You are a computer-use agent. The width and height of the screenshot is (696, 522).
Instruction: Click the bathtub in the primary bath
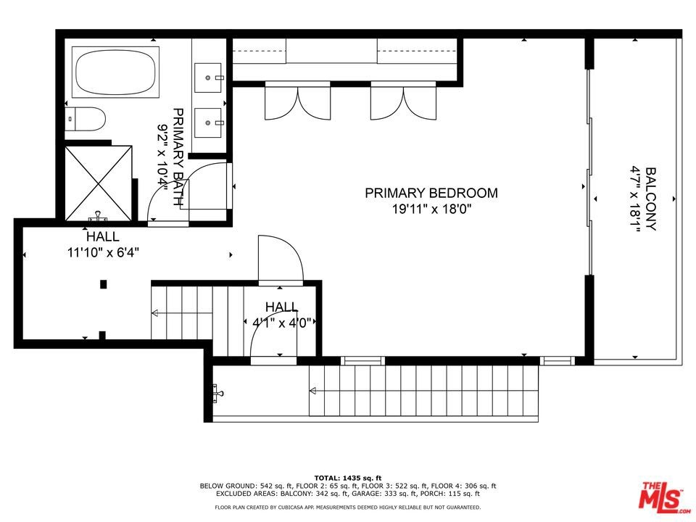[x=115, y=72]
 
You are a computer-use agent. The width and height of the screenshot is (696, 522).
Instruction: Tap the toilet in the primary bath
[x=86, y=119]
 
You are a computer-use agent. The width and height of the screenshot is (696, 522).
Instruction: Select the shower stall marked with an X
[x=99, y=183]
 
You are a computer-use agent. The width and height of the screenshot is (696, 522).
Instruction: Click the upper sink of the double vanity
[x=208, y=78]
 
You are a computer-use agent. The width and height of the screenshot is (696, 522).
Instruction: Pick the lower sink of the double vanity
[x=208, y=123]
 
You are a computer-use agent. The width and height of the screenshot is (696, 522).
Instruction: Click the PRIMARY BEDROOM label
[x=431, y=193]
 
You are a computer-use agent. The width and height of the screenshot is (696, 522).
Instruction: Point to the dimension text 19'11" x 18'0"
[x=431, y=209]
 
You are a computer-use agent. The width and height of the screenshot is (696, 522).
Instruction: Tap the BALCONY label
[x=651, y=199]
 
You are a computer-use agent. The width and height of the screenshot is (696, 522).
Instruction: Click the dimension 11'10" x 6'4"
[x=103, y=252]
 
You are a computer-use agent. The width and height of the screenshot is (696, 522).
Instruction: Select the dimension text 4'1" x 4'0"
[x=281, y=322]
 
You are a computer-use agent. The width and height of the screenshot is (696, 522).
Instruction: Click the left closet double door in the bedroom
[x=298, y=101]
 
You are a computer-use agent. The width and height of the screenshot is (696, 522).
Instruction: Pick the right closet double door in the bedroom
[x=404, y=101]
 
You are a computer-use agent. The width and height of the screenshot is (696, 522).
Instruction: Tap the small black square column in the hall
[x=104, y=284]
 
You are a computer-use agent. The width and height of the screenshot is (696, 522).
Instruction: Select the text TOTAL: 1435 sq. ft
[x=348, y=478]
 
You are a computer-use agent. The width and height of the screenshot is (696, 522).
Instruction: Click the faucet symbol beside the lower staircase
[x=218, y=393]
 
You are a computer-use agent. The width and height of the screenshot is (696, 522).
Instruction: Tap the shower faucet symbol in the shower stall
[x=98, y=216]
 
